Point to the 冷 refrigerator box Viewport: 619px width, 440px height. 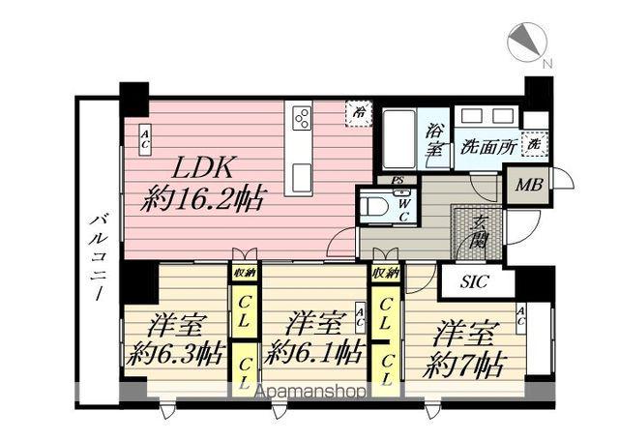[359, 113]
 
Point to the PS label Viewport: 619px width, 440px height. [397, 181]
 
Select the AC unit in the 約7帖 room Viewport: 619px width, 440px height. [520, 313]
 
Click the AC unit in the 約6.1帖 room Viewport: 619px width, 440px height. [360, 313]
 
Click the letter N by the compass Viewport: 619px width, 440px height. [547, 64]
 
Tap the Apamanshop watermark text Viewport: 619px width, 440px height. [309, 394]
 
